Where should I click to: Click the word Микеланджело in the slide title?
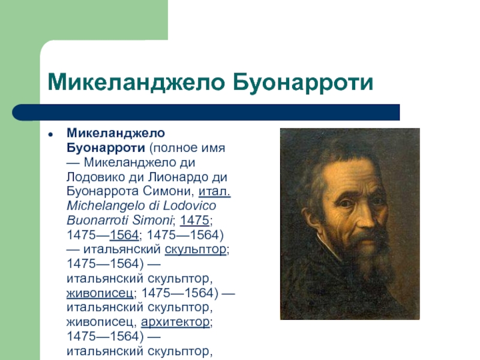pos(136,83)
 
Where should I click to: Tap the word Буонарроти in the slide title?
pos(303,83)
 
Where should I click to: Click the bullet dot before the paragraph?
pos(50,134)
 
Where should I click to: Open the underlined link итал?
pos(214,191)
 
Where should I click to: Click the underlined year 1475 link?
pos(194,220)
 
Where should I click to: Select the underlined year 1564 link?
pos(124,235)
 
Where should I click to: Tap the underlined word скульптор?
pos(196,250)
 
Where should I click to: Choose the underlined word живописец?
pos(100,293)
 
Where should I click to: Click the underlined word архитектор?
pos(175,322)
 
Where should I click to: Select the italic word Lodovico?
pos(189,205)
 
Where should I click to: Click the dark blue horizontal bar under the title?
pos(206,112)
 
